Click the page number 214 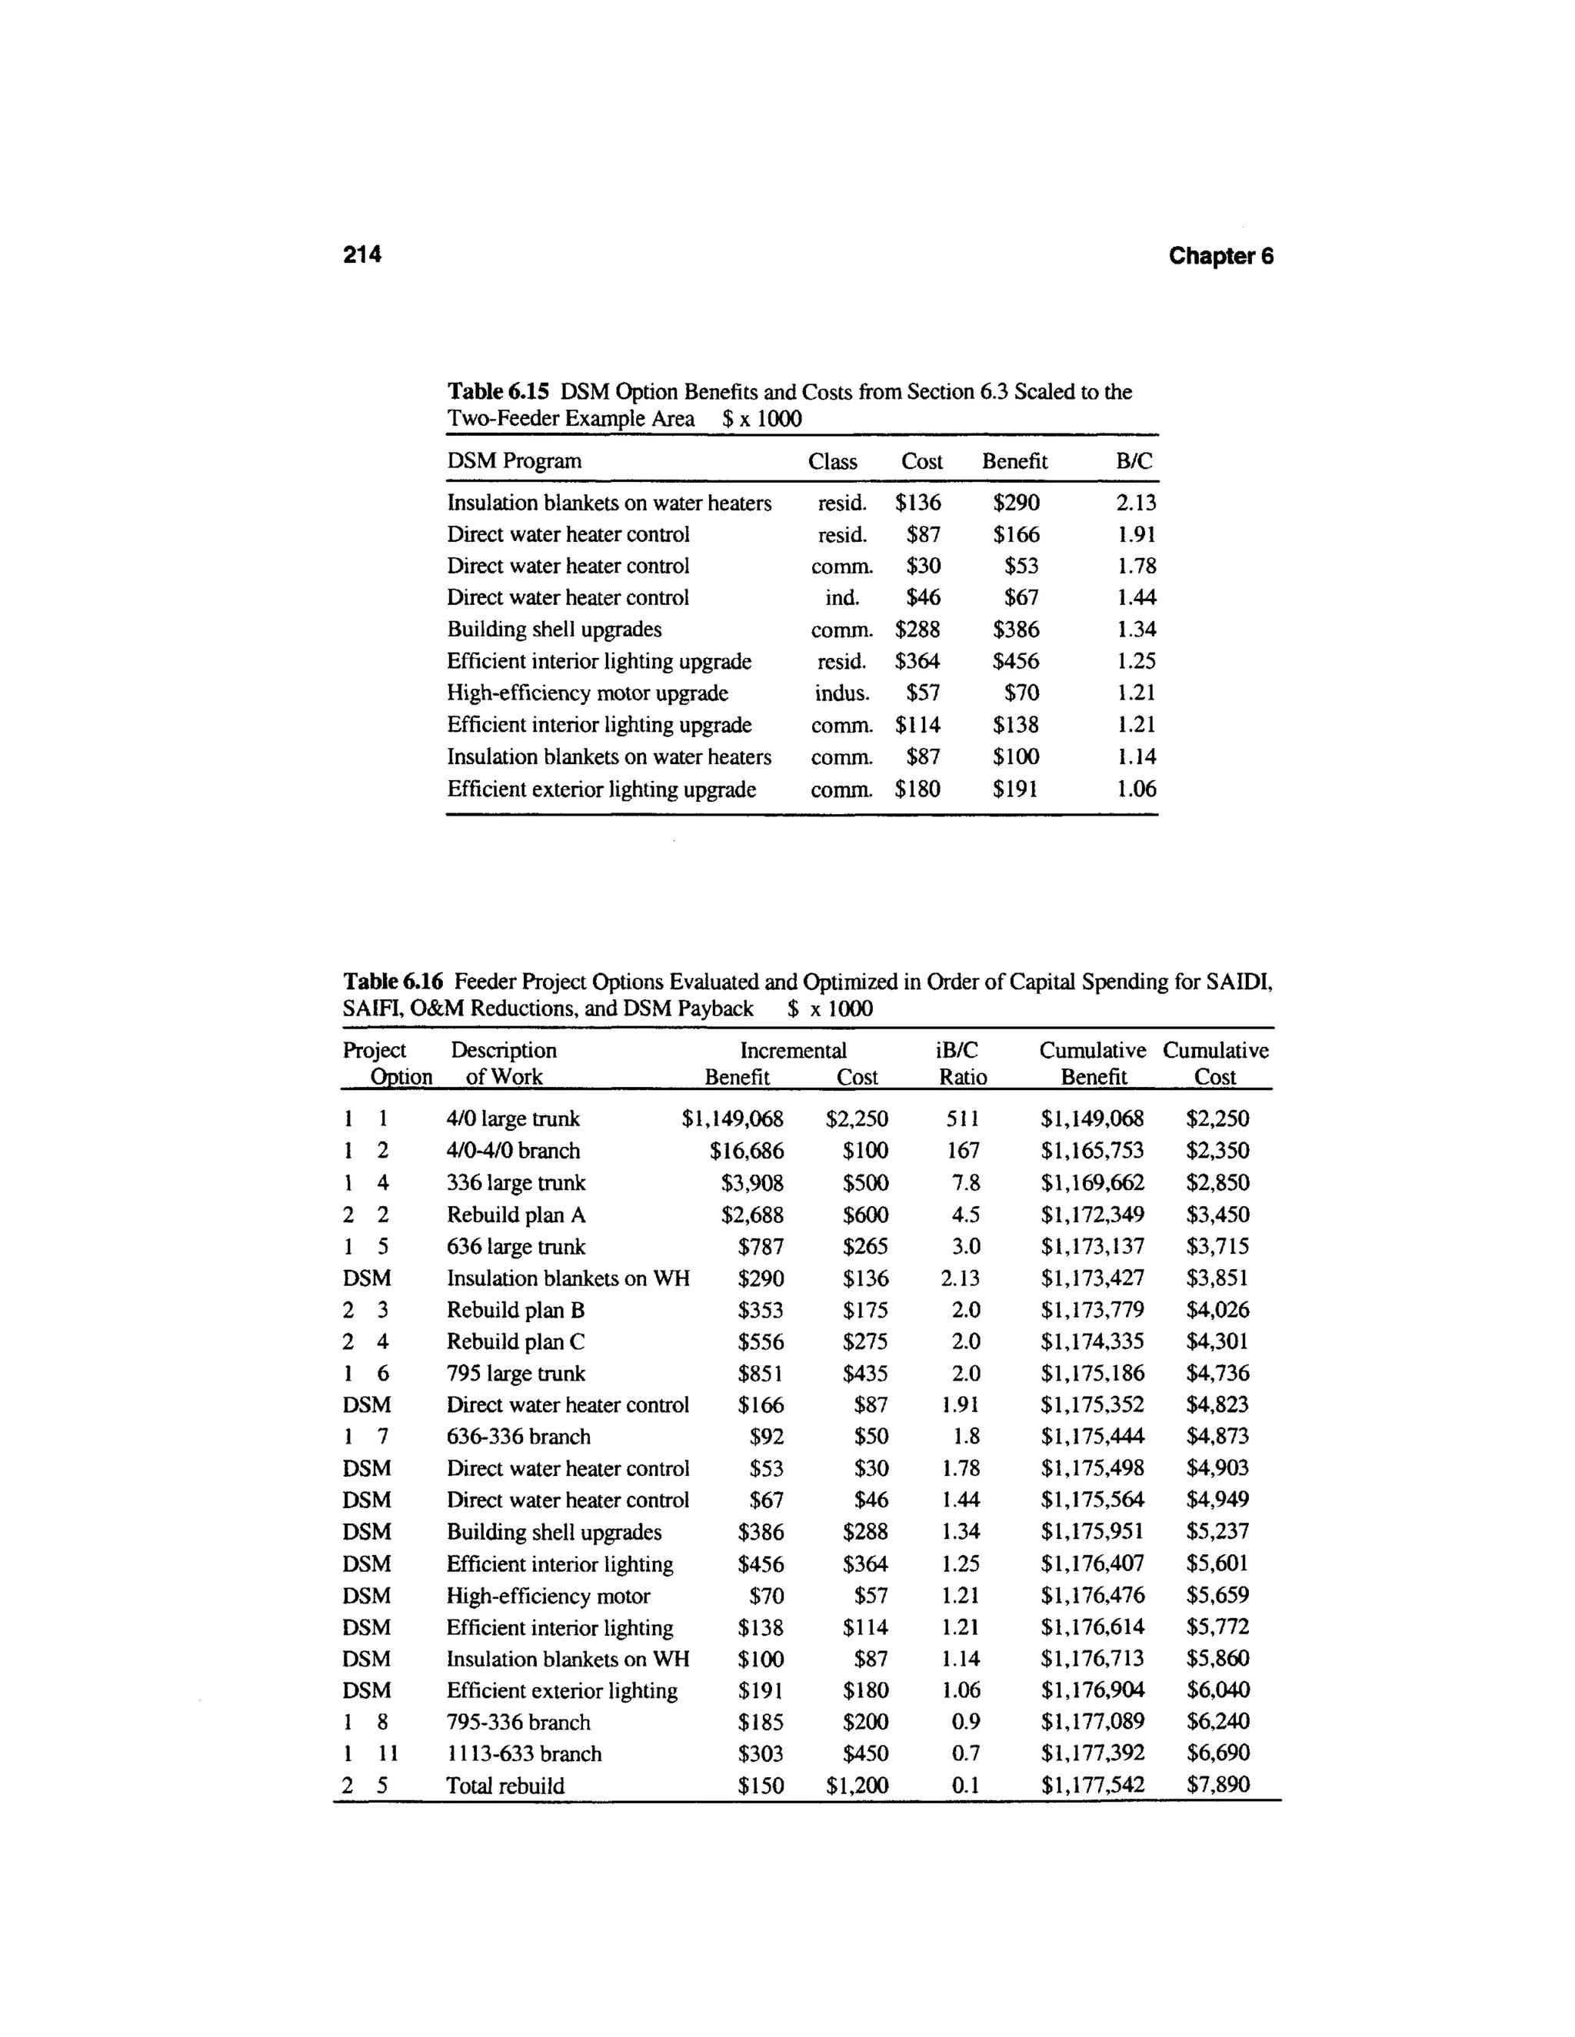coord(362,254)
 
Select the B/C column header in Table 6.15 coord(1134,460)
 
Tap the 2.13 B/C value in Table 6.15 coord(1136,503)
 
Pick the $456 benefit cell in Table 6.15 coord(1015,661)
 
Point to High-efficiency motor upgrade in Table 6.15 coord(587,693)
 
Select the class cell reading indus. coord(841,693)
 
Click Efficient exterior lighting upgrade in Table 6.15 coord(601,789)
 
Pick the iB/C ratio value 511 coord(963,1118)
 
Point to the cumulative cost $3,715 coord(1217,1246)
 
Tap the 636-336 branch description coord(518,1437)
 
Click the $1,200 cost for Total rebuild coord(857,1785)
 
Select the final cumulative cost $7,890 coord(1217,1784)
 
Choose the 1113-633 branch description coord(524,1753)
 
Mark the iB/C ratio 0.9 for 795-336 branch coord(966,1722)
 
